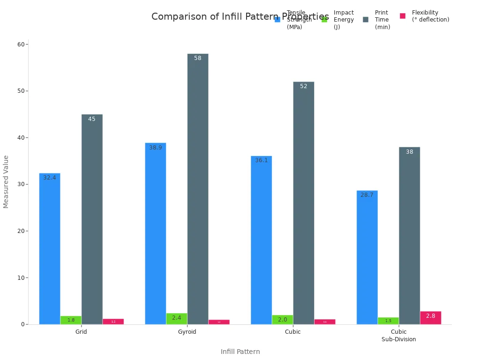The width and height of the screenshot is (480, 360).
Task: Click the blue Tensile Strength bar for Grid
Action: pyautogui.click(x=50, y=248)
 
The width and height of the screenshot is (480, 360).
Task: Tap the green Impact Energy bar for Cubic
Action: pyautogui.click(x=282, y=320)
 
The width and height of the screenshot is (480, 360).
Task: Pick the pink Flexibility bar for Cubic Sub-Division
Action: pyautogui.click(x=430, y=318)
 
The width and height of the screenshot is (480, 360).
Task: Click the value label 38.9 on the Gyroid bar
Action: pyautogui.click(x=156, y=148)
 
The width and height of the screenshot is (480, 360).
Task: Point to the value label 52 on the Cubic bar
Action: pyautogui.click(x=304, y=86)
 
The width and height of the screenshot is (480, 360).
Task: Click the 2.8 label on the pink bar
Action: pyautogui.click(x=430, y=316)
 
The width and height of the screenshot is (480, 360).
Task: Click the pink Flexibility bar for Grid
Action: pyautogui.click(x=113, y=322)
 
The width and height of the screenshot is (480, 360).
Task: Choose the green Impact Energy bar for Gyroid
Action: pyautogui.click(x=177, y=319)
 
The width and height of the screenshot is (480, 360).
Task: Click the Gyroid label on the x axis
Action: pyautogui.click(x=187, y=332)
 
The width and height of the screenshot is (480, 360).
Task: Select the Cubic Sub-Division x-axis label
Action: pyautogui.click(x=398, y=336)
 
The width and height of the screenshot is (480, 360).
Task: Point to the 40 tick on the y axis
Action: pyautogui.click(x=21, y=138)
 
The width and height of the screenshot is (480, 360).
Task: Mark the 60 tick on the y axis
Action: pyautogui.click(x=21, y=45)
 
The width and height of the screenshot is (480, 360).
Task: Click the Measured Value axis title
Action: pyautogui.click(x=6, y=181)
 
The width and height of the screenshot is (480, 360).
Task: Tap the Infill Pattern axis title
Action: pyautogui.click(x=240, y=352)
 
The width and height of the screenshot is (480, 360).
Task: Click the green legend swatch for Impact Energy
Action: pyautogui.click(x=324, y=19)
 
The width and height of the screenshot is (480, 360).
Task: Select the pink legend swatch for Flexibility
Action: pyautogui.click(x=403, y=16)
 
